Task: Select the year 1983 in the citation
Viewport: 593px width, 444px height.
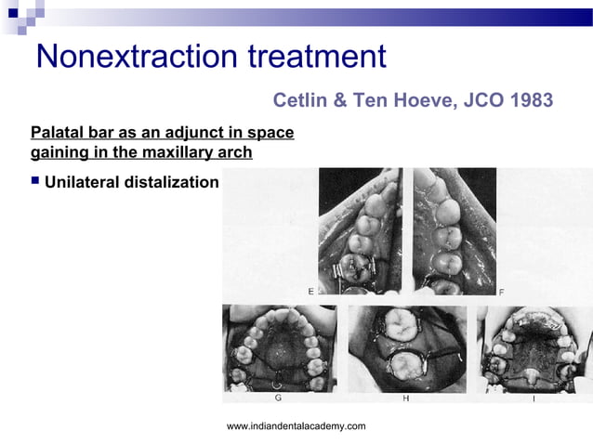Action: tap(528, 99)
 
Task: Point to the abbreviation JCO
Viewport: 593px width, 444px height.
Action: tap(476, 99)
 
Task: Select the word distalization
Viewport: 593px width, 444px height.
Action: tap(172, 182)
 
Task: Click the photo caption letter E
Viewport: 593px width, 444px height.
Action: tap(310, 291)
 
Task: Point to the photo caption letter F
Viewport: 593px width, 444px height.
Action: tap(502, 292)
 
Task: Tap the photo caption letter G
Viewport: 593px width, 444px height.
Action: tap(279, 398)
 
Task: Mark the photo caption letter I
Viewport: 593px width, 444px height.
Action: tap(534, 398)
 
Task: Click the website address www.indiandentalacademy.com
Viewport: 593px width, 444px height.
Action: tap(296, 425)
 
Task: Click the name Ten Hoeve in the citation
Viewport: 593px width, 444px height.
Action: tap(402, 99)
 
